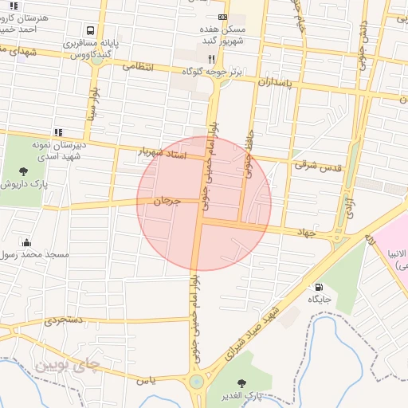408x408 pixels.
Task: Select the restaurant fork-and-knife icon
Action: tap(211, 59)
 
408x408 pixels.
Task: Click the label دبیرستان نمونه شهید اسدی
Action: tap(57, 151)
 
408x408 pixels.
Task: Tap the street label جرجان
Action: tap(167, 203)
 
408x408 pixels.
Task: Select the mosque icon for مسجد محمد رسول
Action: tap(27, 241)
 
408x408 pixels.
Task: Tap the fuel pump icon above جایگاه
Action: tap(319, 288)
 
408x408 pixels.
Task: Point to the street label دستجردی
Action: tap(63, 320)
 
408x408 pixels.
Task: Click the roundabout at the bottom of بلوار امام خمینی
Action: tap(196, 382)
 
